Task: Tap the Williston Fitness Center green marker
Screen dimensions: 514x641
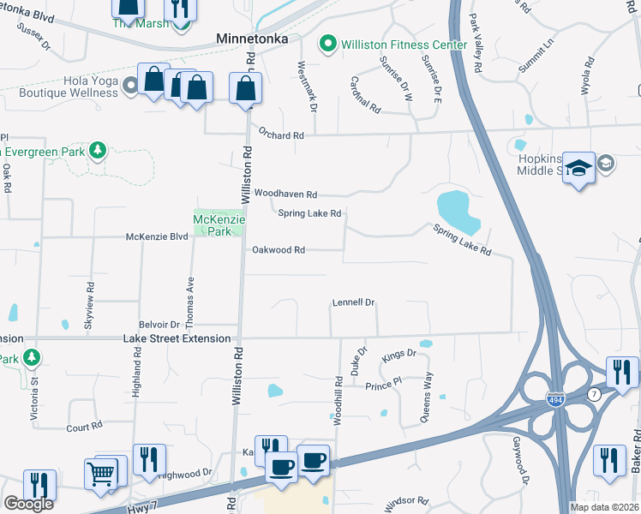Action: click(326, 44)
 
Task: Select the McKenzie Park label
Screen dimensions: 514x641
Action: click(219, 224)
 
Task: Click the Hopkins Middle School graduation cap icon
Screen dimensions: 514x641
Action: click(579, 168)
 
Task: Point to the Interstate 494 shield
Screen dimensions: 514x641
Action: click(555, 398)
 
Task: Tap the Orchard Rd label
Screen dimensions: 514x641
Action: click(281, 135)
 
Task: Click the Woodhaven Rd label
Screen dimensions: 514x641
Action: click(285, 194)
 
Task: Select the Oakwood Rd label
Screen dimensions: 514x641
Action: click(279, 250)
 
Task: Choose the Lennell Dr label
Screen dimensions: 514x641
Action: click(354, 302)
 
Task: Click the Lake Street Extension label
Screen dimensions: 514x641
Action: click(177, 338)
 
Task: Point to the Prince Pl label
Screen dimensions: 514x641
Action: click(383, 385)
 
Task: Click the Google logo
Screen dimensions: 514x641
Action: click(28, 504)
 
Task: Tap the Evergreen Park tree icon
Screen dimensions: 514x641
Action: click(98, 152)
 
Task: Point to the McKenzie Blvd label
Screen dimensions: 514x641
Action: click(156, 236)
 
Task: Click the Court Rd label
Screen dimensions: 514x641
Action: click(84, 425)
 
